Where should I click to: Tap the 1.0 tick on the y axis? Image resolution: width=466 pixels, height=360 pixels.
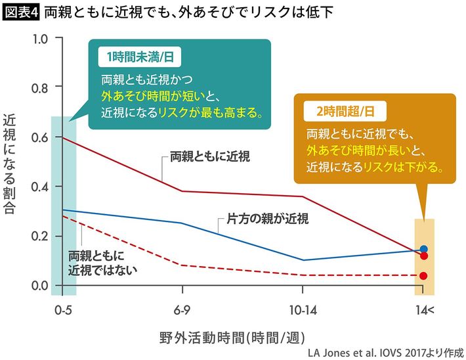tap(40, 38)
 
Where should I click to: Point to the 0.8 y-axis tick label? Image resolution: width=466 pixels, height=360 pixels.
tap(40, 87)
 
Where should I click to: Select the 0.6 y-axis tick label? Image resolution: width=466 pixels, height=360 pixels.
tap(40, 137)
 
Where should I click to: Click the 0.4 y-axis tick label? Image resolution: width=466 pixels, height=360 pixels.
tap(40, 187)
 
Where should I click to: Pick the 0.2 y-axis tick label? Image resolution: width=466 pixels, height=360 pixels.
tap(40, 236)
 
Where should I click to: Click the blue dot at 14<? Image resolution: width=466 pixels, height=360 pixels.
tap(424, 249)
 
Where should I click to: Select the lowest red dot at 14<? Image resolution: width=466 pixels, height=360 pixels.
tap(423, 276)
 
